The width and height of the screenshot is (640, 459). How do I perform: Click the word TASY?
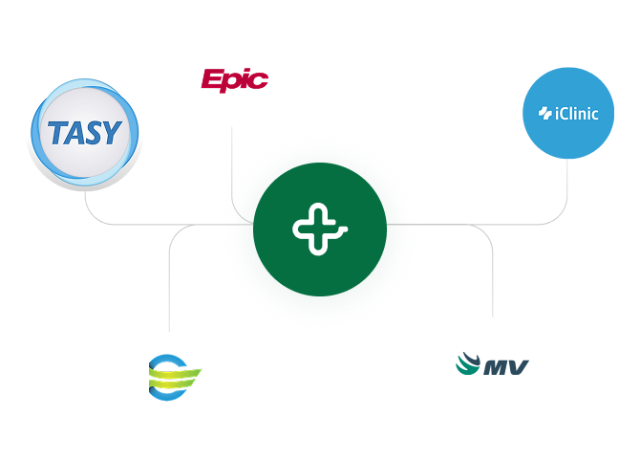[84, 132]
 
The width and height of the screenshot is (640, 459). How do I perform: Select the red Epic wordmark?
[234, 79]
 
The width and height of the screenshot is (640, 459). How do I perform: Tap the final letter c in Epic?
[260, 79]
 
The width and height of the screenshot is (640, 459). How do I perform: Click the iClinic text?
[576, 114]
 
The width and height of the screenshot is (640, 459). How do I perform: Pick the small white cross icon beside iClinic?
[545, 114]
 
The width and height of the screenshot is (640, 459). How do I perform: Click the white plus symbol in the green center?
[319, 229]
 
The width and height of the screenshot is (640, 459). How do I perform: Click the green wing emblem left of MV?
[469, 364]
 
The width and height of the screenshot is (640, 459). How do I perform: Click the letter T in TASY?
[58, 132]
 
